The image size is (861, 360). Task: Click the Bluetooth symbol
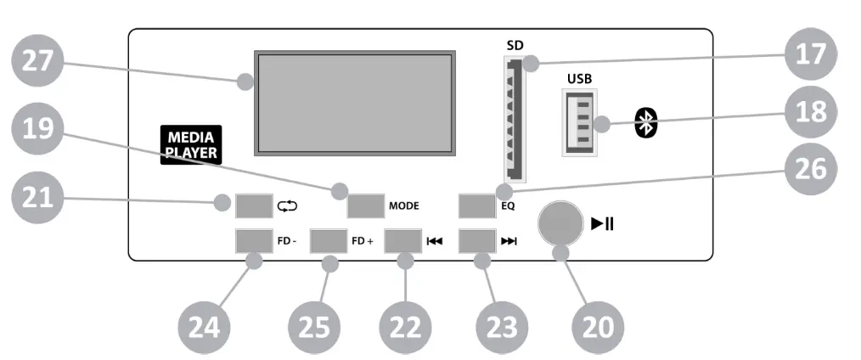(x=647, y=124)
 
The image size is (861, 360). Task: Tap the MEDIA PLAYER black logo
(x=190, y=144)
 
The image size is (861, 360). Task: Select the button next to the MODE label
(x=365, y=205)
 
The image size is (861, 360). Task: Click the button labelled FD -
(x=253, y=241)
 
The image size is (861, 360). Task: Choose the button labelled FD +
(x=329, y=241)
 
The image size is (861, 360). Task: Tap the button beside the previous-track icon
(x=402, y=241)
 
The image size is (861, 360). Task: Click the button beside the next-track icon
(x=476, y=241)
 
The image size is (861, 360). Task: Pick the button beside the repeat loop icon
(x=253, y=205)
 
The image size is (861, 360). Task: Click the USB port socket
(x=580, y=124)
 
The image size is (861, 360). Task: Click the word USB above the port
(x=580, y=78)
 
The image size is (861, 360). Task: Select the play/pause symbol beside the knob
(x=603, y=224)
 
